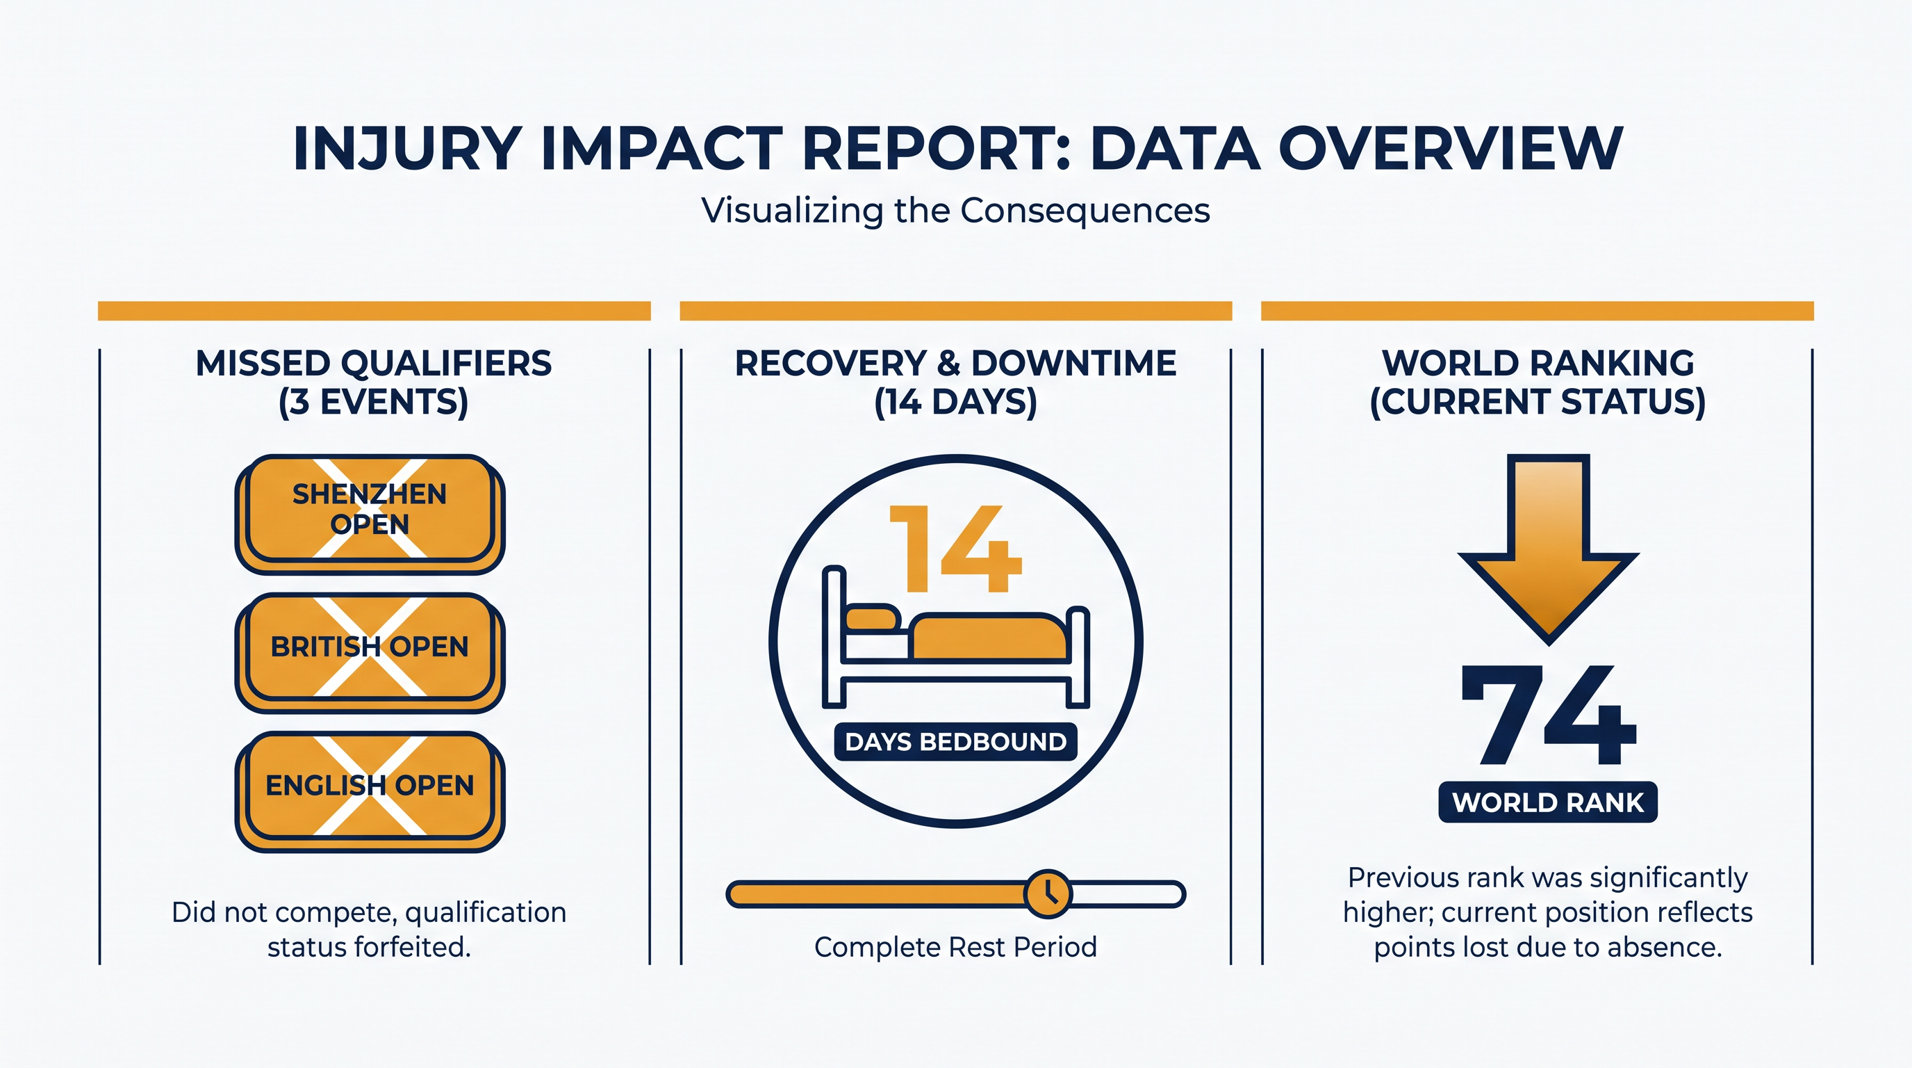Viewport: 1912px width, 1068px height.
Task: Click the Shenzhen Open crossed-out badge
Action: point(370,514)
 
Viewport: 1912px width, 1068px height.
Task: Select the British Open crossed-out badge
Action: point(370,653)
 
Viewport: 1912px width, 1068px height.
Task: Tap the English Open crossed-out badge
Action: point(370,792)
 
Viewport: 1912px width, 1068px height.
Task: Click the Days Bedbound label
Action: point(956,741)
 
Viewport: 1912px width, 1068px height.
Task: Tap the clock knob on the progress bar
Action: point(1047,893)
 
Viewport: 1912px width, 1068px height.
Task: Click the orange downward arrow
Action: point(1549,549)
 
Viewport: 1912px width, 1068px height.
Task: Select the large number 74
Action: point(1549,715)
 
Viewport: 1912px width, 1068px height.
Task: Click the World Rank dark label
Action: point(1549,802)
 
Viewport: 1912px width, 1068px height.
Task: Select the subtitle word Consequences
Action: point(1085,210)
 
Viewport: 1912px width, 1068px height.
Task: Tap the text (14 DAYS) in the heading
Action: point(956,402)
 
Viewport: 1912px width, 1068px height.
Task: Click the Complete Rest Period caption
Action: point(956,947)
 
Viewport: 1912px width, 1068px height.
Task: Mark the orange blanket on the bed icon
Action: point(990,636)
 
